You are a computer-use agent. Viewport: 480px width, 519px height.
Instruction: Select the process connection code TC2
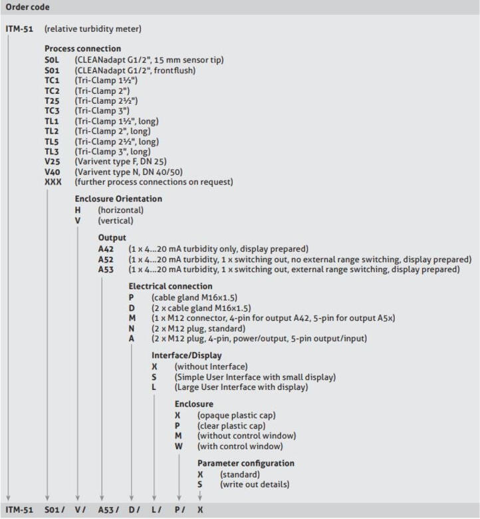pyautogui.click(x=53, y=90)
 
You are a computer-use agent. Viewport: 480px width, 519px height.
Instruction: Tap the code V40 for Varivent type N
pyautogui.click(x=53, y=172)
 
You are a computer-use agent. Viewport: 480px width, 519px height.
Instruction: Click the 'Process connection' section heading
pyautogui.click(x=82, y=49)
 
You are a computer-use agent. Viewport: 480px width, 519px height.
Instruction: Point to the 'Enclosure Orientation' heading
pyautogui.click(x=118, y=198)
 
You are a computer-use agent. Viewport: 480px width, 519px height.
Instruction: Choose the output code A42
pyautogui.click(x=106, y=248)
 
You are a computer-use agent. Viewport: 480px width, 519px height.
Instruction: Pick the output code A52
pyautogui.click(x=106, y=259)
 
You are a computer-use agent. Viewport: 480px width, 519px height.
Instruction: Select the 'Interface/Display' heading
pyautogui.click(x=186, y=355)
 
